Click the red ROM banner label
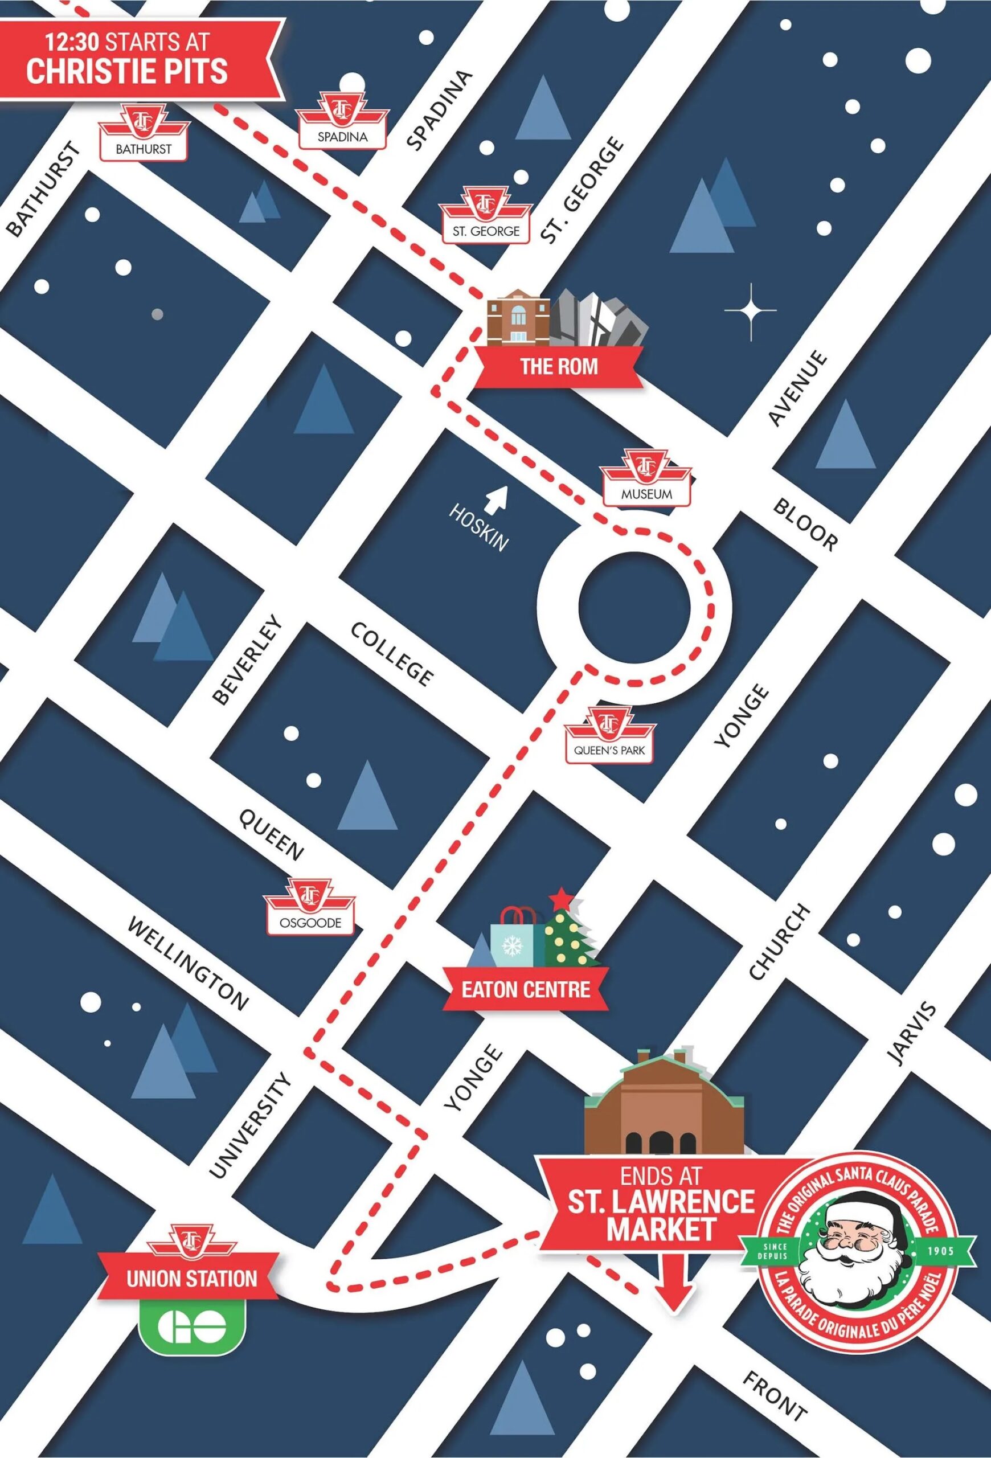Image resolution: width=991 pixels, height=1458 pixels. click(x=558, y=366)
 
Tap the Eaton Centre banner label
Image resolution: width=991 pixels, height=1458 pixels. click(x=526, y=989)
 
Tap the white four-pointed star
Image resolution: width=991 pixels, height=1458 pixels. click(x=750, y=310)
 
